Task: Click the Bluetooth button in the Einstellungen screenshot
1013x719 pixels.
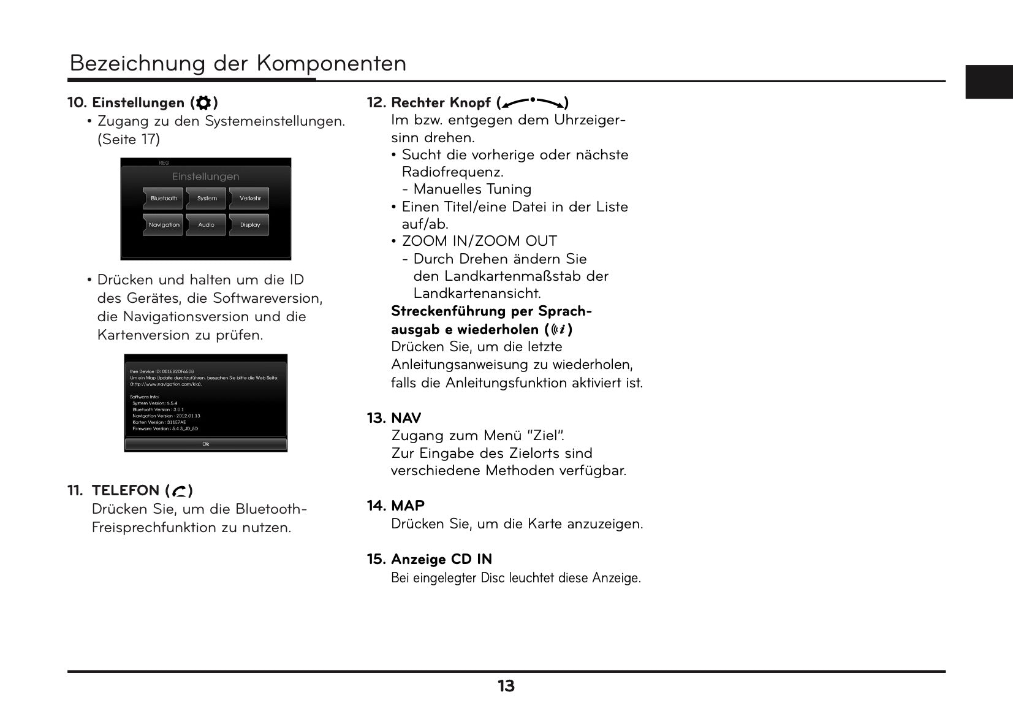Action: point(164,199)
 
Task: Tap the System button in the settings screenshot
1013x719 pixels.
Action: point(207,199)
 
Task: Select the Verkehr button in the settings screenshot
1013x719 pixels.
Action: point(250,199)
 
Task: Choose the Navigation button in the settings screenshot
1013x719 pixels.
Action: point(164,225)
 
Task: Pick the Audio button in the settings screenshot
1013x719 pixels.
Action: point(207,225)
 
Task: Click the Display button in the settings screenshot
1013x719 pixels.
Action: point(250,225)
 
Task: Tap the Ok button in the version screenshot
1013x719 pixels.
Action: point(206,444)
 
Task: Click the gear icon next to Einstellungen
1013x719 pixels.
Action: point(204,103)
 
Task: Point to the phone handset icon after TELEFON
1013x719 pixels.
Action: point(179,491)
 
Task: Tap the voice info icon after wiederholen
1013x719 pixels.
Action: point(558,330)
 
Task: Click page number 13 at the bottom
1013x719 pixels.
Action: point(506,687)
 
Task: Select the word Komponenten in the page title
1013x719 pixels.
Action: point(331,63)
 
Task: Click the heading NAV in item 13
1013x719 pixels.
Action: point(406,418)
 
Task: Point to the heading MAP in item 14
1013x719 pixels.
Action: point(408,506)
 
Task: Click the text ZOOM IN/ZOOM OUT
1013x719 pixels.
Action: point(479,242)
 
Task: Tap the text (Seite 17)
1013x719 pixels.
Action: point(129,139)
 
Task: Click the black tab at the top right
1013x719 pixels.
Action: point(988,82)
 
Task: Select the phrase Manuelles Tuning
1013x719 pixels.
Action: point(472,189)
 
